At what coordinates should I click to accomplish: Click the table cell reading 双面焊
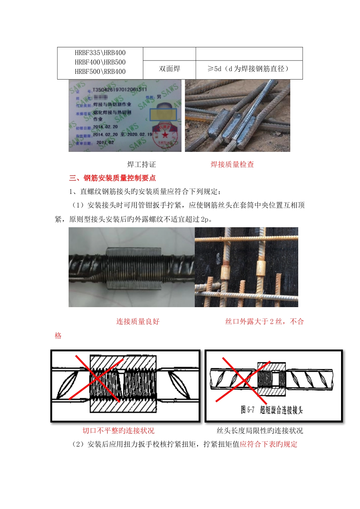pyautogui.click(x=169, y=69)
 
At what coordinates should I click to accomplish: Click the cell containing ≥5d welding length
pyautogui.click(x=249, y=69)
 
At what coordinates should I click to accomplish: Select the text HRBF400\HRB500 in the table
pyautogui.click(x=100, y=62)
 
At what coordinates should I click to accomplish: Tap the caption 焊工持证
pyautogui.click(x=141, y=164)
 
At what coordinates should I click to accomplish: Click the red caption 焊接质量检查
pyautogui.click(x=232, y=164)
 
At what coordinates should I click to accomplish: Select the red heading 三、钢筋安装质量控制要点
pyautogui.click(x=112, y=178)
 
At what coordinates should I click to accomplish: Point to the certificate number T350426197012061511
pyautogui.click(x=119, y=90)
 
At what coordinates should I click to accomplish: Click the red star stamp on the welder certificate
pyautogui.click(x=165, y=135)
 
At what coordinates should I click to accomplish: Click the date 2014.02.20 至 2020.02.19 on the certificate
pyautogui.click(x=122, y=134)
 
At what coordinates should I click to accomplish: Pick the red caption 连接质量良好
pyautogui.click(x=138, y=322)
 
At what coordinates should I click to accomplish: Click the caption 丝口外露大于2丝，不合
pyautogui.click(x=265, y=322)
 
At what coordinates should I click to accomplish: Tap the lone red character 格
pyautogui.click(x=58, y=336)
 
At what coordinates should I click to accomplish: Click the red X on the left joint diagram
pyautogui.click(x=98, y=378)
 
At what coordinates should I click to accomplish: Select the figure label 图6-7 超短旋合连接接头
pyautogui.click(x=272, y=410)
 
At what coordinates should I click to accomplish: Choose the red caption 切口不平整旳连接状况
pyautogui.click(x=118, y=431)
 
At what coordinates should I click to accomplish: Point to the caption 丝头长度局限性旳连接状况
pyautogui.click(x=260, y=431)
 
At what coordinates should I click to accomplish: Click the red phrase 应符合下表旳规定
pyautogui.click(x=268, y=444)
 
